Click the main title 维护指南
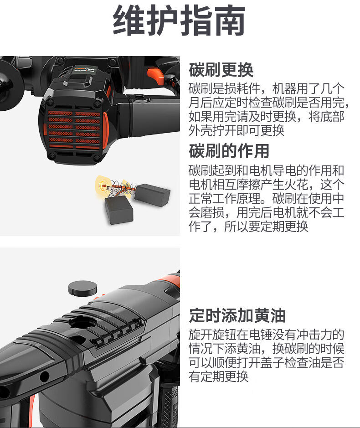click(179, 21)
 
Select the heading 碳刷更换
click(221, 70)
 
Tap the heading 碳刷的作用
click(229, 151)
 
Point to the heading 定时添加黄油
click(237, 315)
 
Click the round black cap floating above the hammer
click(82, 288)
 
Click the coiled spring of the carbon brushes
click(121, 188)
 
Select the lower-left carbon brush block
click(119, 210)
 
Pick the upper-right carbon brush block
click(152, 195)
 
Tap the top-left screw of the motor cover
click(51, 102)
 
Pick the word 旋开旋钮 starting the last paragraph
click(212, 335)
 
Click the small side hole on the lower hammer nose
click(45, 376)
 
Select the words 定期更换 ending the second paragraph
click(284, 226)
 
